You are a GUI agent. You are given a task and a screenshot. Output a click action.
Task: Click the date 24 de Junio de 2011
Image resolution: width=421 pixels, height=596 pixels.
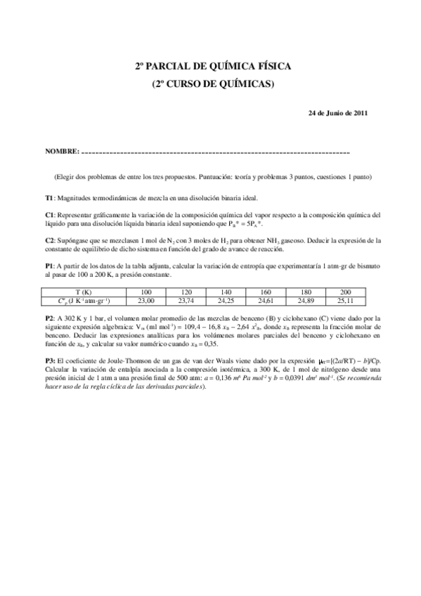[x=338, y=112]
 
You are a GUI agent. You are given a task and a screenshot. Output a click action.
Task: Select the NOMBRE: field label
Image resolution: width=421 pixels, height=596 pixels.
[x=62, y=151]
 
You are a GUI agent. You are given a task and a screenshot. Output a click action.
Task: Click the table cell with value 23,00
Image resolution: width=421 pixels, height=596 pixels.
[x=146, y=300]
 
